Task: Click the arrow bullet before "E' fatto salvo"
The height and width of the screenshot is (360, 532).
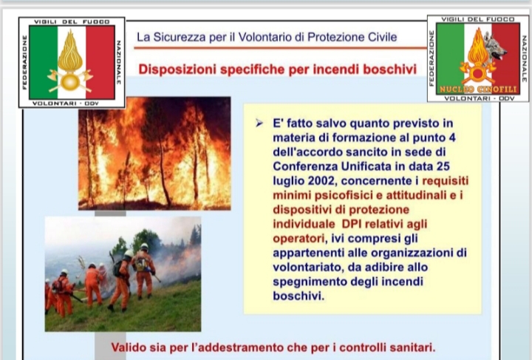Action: pyautogui.click(x=259, y=123)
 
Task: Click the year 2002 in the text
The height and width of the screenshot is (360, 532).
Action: pyautogui.click(x=321, y=180)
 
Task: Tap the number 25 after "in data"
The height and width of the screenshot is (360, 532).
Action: pyautogui.click(x=443, y=166)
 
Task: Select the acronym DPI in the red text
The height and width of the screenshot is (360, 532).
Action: pyautogui.click(x=352, y=224)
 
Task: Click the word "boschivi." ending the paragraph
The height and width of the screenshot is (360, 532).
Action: pyautogui.click(x=299, y=296)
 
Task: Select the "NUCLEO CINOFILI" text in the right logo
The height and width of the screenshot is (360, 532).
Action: pyautogui.click(x=478, y=89)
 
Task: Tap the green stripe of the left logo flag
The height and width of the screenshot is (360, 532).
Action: pyautogui.click(x=43, y=62)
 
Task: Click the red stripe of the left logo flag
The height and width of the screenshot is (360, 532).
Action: pyautogui.click(x=100, y=62)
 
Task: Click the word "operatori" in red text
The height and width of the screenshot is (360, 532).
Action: pyautogui.click(x=299, y=239)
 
